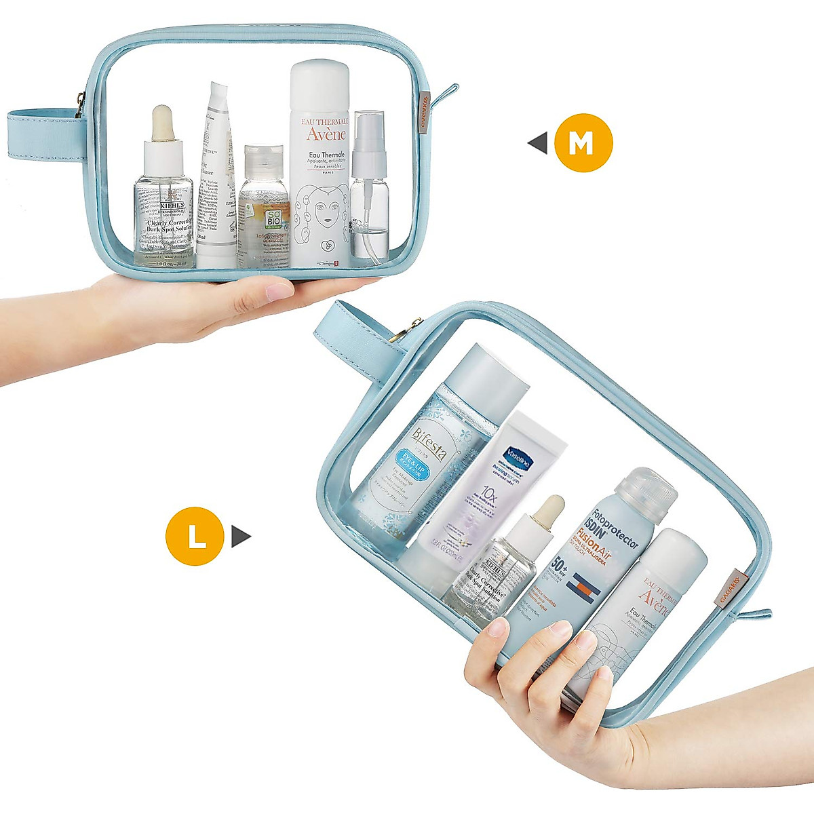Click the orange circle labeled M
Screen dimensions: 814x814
click(583, 143)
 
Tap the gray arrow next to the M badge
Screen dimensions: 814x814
click(538, 143)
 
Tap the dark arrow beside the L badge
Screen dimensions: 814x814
click(241, 537)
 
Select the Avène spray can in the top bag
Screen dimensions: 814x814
click(319, 163)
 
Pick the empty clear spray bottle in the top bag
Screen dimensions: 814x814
click(369, 190)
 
